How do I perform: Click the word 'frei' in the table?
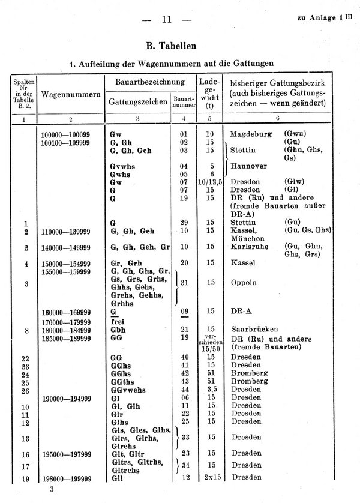[x=118, y=321]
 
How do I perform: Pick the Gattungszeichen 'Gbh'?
[x=118, y=330]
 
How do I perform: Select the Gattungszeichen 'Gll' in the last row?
[x=116, y=479]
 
